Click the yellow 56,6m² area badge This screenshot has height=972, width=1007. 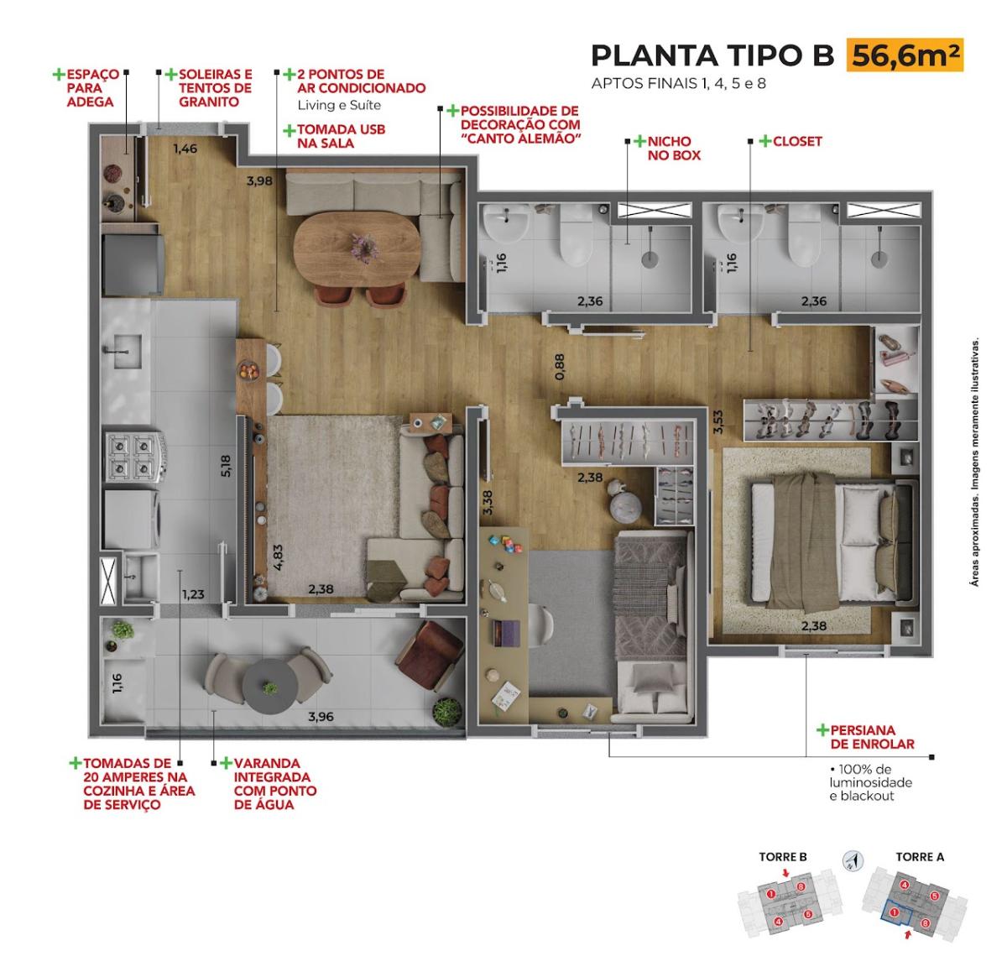(x=904, y=55)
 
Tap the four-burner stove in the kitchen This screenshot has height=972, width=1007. (x=135, y=457)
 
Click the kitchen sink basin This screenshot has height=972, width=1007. (x=127, y=352)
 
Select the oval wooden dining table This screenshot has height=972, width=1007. (x=357, y=248)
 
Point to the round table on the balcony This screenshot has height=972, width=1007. (x=270, y=687)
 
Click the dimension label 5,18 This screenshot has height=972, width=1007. (x=226, y=465)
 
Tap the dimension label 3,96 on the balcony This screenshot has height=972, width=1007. (x=321, y=717)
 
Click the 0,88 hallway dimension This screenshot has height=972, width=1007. (x=560, y=367)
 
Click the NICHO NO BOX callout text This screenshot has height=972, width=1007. (x=673, y=148)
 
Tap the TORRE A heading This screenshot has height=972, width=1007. (x=920, y=857)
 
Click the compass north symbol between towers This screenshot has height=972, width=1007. (x=853, y=860)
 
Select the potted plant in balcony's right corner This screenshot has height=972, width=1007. (x=447, y=712)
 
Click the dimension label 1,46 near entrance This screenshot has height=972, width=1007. (x=185, y=149)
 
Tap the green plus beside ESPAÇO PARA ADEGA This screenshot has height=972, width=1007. (x=59, y=75)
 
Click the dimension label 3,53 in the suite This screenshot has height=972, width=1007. (x=717, y=422)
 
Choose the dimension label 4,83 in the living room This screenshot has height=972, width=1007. (x=278, y=557)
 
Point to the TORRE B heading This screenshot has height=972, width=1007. (x=783, y=857)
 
